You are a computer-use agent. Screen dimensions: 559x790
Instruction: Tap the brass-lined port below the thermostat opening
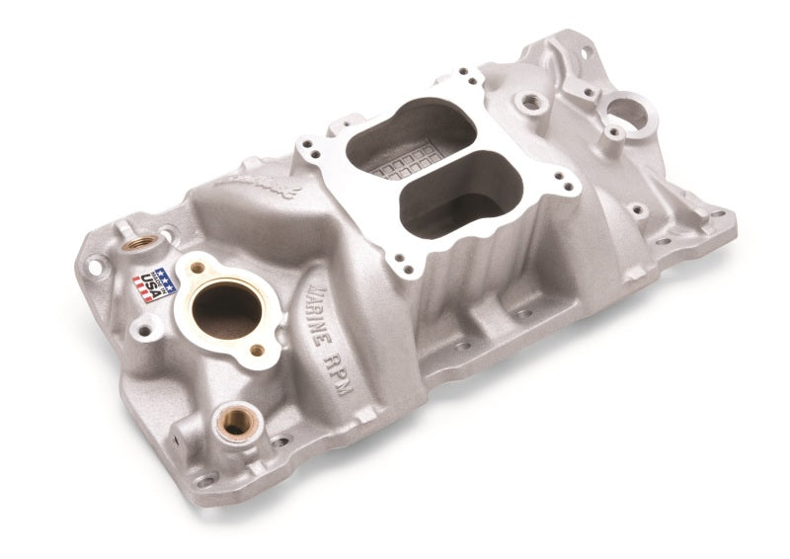pyautogui.click(x=234, y=422)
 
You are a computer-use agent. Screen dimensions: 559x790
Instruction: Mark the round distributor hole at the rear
pyautogui.click(x=628, y=112)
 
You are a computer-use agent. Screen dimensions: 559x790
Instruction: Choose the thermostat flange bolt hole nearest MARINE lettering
pyautogui.click(x=258, y=350)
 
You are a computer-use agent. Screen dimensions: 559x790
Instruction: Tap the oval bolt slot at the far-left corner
pyautogui.click(x=96, y=265)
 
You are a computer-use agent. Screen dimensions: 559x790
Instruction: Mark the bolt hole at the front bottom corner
pyautogui.click(x=205, y=479)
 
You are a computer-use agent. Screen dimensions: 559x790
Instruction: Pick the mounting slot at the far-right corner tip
pyautogui.click(x=718, y=213)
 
